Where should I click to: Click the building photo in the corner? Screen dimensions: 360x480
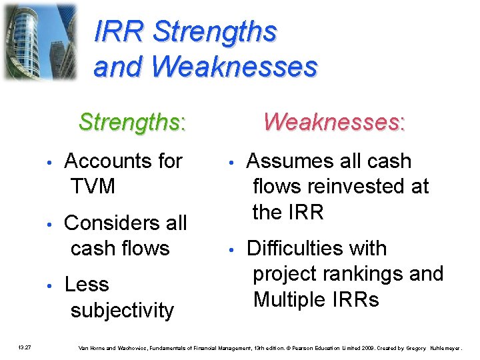point(39,41)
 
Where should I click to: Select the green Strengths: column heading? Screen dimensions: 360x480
point(132,122)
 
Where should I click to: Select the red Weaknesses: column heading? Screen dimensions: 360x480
point(334,122)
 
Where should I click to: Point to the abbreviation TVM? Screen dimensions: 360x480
point(93,187)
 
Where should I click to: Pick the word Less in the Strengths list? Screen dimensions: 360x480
point(86,285)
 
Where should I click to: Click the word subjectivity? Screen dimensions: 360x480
point(122,310)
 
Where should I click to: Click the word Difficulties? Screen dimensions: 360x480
point(316,249)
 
